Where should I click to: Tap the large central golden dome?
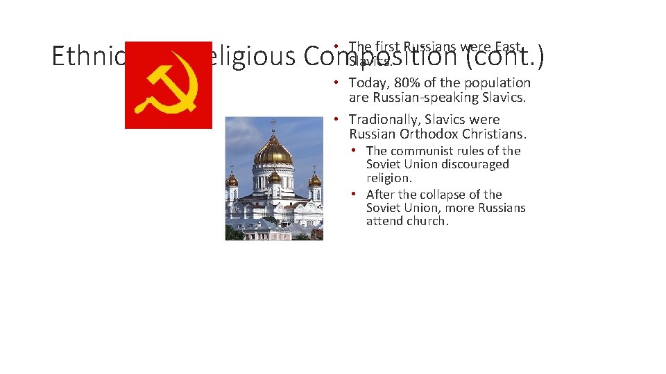[273, 150]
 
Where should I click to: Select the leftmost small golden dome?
[232, 181]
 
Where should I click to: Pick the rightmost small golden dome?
[314, 180]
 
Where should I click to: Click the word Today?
[368, 83]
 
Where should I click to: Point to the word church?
[427, 222]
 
